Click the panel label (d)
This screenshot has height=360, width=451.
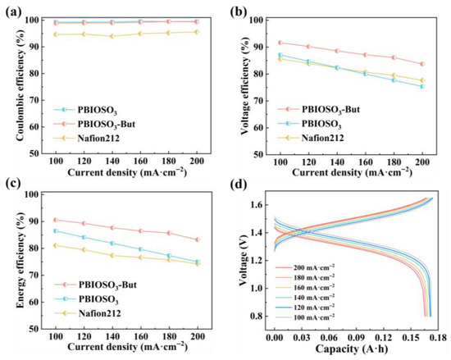click(239, 185)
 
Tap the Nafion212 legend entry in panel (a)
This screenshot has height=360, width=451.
click(87, 139)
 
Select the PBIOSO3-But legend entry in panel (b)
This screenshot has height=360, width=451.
click(318, 109)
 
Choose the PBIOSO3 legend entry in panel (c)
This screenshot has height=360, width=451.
click(87, 299)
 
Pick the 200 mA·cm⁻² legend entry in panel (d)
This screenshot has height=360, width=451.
click(305, 267)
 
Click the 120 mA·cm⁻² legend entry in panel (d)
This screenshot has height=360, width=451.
click(305, 307)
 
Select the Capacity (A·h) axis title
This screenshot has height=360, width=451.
click(352, 349)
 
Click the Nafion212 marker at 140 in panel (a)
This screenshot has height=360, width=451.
click(112, 36)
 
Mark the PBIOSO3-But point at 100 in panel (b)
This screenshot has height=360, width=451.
click(280, 43)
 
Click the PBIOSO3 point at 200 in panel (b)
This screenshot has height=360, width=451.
click(422, 86)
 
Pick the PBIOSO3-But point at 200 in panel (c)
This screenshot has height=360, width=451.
click(198, 239)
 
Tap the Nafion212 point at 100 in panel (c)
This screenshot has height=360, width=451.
click(56, 245)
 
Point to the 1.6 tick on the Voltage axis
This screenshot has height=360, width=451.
click(255, 205)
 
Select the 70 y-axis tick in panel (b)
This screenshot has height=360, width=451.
click(257, 101)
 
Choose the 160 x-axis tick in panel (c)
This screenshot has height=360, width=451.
click(141, 336)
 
